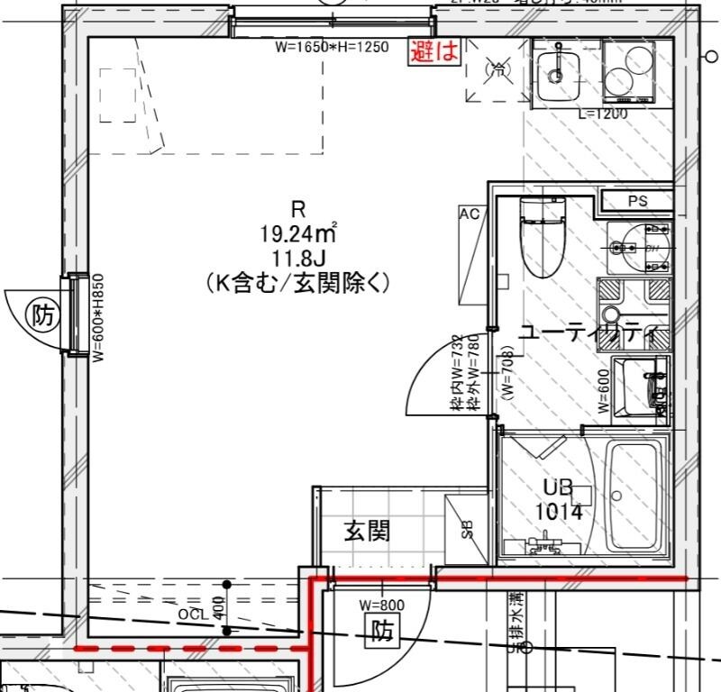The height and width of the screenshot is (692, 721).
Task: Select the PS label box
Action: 638,201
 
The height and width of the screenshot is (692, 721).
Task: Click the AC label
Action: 469,214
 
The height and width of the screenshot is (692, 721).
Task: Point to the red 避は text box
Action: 435,51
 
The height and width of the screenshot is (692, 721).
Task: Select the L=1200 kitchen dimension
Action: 602,114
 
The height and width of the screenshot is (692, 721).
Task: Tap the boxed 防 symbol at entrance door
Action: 382,633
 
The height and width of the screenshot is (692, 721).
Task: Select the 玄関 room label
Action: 368,531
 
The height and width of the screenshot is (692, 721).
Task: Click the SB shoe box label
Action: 468,529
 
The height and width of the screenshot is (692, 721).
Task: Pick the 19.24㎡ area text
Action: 298,235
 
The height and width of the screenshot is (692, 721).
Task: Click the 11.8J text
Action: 298,260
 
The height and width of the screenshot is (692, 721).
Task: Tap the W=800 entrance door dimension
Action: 381,605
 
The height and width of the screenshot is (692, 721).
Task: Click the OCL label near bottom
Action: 192,614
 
